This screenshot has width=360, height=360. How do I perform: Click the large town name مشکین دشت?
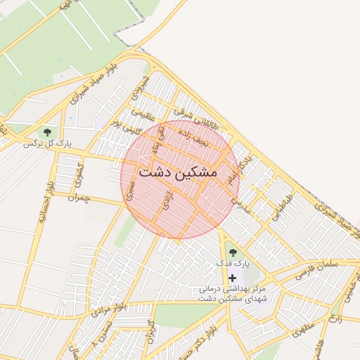tap(178, 172)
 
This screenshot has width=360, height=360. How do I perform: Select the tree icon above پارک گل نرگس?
tap(48, 131)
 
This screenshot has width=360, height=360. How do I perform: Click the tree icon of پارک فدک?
tap(233, 252)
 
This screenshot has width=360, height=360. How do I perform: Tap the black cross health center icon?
tap(233, 278)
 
